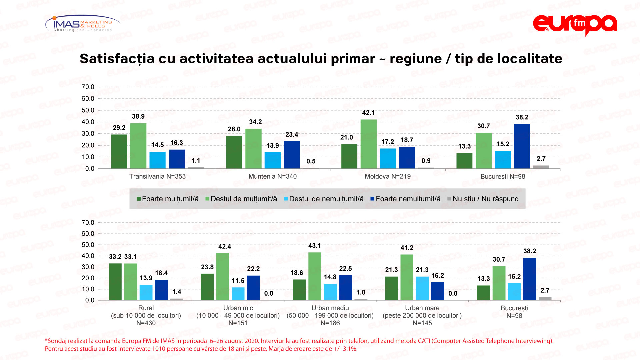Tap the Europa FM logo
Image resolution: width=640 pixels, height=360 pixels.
[x=575, y=24]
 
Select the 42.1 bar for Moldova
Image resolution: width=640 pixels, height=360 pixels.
[x=368, y=144]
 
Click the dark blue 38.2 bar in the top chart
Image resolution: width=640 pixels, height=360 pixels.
[x=522, y=146]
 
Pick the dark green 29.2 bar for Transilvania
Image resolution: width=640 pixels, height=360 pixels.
[x=119, y=151]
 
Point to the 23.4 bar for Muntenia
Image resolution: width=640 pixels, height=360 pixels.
[x=292, y=155]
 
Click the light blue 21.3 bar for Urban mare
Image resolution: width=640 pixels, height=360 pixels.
[x=422, y=288]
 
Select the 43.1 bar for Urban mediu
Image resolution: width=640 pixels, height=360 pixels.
[x=315, y=276]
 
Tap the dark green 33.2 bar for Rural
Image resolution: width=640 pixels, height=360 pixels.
[x=115, y=282]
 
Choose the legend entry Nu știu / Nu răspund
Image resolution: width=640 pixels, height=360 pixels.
[x=483, y=199]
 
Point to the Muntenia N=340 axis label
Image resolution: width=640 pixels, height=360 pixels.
[x=272, y=176]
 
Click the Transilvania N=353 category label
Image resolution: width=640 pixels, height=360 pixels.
[x=157, y=176]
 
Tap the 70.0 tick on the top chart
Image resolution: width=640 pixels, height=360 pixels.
[x=88, y=87]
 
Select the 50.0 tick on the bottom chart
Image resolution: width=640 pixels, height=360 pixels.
[x=88, y=245]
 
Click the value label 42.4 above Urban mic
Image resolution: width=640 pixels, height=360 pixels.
[x=224, y=246]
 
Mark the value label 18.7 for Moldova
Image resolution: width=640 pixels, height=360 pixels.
[x=407, y=140]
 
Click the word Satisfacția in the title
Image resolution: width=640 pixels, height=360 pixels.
[x=117, y=59]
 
